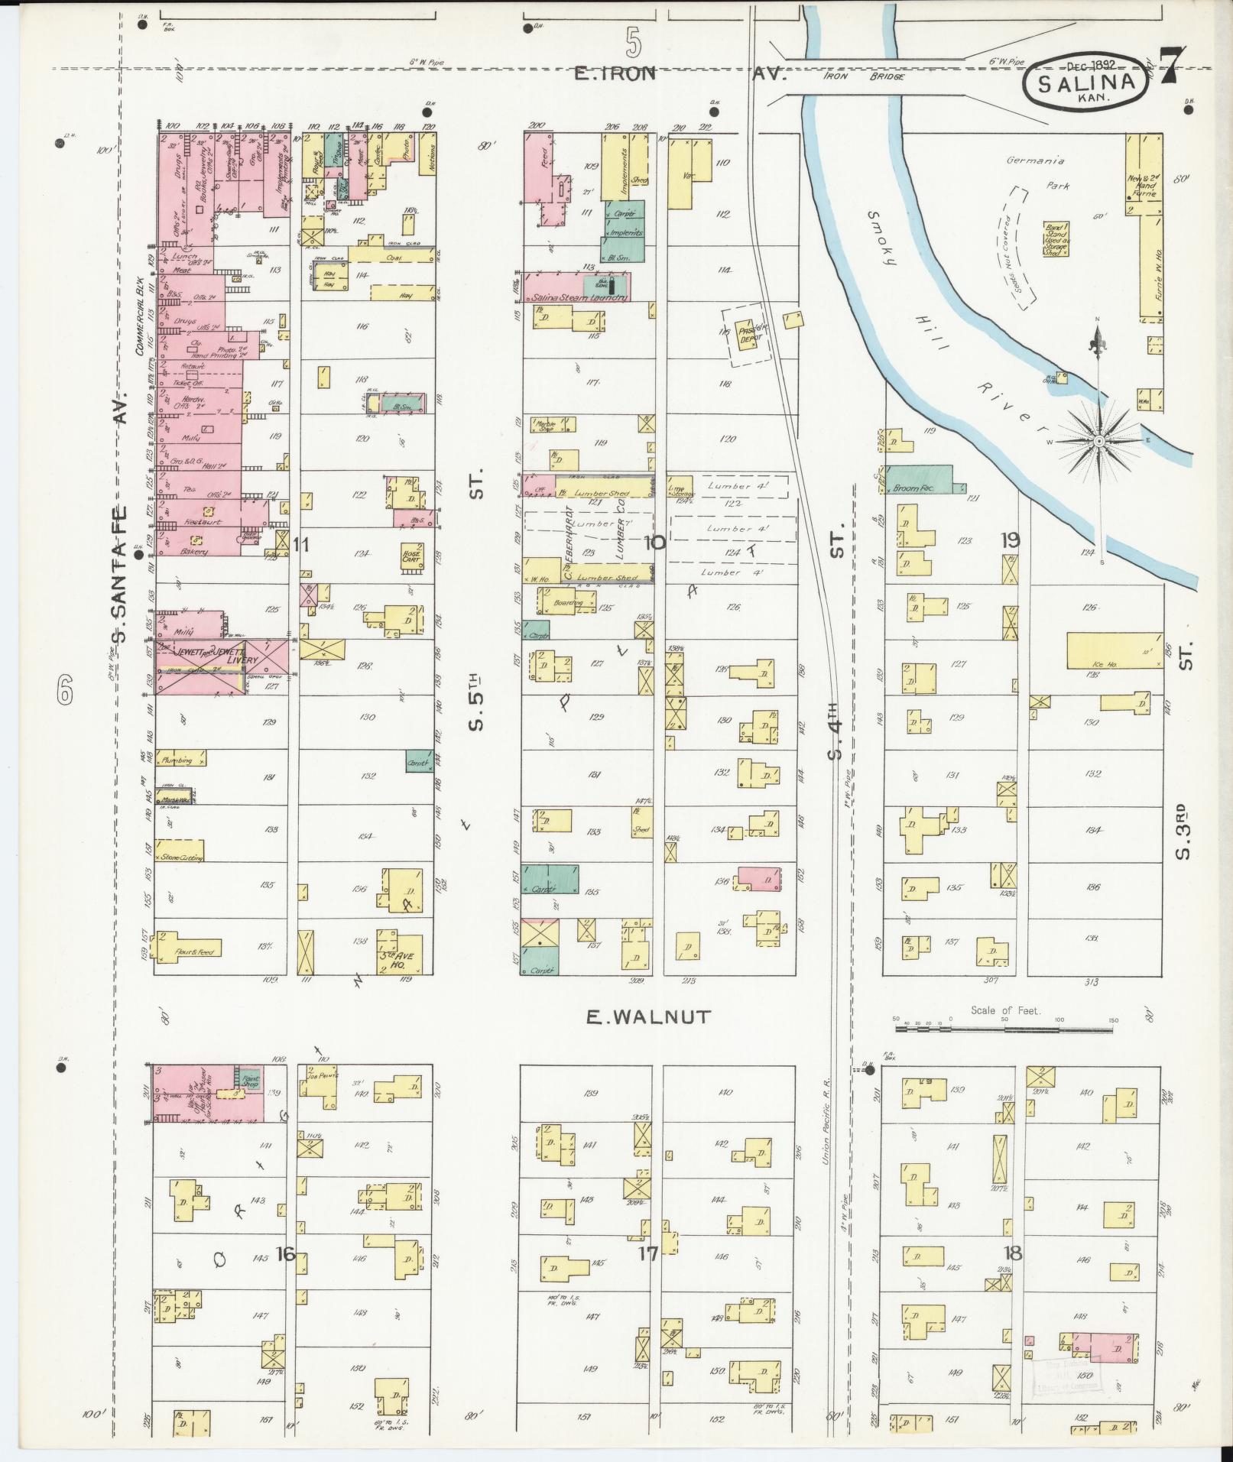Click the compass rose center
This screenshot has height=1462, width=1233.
pyautogui.click(x=1099, y=441)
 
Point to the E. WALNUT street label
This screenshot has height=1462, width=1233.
pyautogui.click(x=648, y=1017)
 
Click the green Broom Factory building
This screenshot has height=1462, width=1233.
pyautogui.click(x=920, y=479)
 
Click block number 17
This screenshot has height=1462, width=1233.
pyautogui.click(x=648, y=1253)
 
